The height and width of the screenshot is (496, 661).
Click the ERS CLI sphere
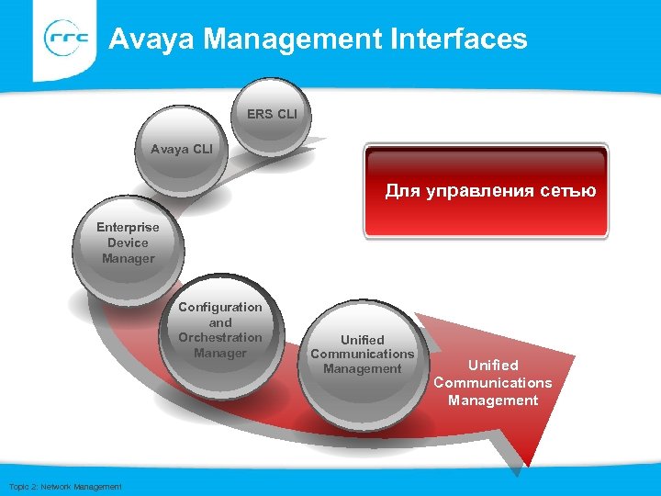tap(272, 116)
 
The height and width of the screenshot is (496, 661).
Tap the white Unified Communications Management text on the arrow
tap(493, 383)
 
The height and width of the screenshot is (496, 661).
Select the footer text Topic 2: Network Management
tap(64, 486)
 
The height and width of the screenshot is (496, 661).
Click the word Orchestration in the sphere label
tap(220, 337)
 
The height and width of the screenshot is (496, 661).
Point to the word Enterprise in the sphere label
tap(128, 227)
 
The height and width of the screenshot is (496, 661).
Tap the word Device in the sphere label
tap(128, 242)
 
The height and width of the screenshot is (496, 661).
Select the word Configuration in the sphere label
tap(220, 307)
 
